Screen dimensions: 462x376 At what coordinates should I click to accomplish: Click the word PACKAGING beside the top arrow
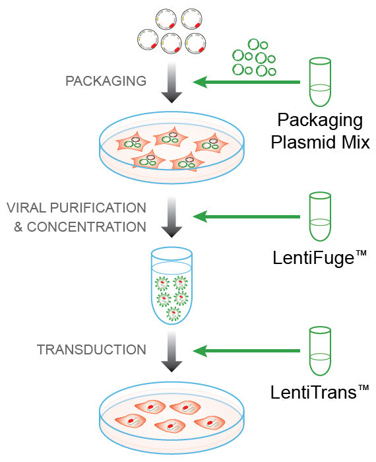(105, 82)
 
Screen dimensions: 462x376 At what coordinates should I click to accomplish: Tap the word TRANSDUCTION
(92, 349)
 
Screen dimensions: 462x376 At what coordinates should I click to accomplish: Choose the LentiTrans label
(319, 393)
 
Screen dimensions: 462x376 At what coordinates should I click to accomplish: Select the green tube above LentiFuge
(320, 216)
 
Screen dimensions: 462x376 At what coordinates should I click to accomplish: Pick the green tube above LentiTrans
(320, 351)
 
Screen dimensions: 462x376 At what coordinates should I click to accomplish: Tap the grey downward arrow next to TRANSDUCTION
(172, 353)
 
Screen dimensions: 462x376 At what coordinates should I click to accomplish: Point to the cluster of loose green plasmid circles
(253, 57)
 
